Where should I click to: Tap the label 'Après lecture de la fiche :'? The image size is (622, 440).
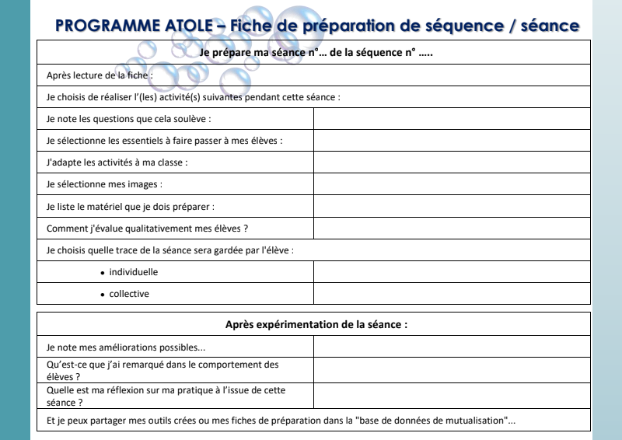pos(100,75)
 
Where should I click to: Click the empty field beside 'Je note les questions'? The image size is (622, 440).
pos(452,119)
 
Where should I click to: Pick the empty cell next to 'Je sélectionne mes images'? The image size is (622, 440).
pos(452,185)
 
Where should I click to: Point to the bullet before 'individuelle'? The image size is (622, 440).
pos(103,274)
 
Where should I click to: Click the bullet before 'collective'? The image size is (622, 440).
pos(103,295)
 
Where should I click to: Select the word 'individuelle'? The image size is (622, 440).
pos(134,273)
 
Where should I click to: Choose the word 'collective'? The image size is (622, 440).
pos(129,295)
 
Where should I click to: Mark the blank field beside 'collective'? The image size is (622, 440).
pos(452,294)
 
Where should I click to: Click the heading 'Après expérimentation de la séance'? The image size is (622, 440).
pos(316,325)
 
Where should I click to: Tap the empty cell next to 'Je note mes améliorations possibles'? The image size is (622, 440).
pos(452,347)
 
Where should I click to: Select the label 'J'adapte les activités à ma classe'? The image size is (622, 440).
pos(117,163)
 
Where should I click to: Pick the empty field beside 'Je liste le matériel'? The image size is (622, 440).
pos(452,207)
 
